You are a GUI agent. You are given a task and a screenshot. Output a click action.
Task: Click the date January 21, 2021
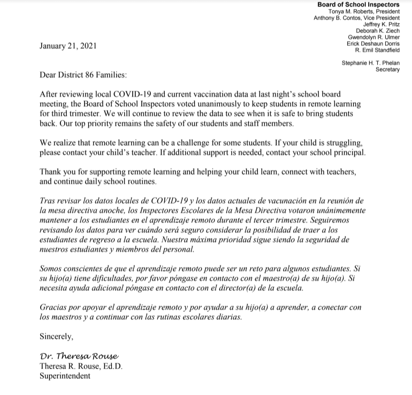68,46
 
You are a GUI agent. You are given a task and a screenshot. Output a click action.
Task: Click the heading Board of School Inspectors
358,5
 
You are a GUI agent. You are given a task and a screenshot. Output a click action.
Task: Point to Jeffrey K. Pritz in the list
382,24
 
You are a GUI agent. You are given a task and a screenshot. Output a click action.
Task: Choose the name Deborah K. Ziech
378,31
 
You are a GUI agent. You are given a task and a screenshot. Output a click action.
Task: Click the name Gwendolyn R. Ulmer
373,37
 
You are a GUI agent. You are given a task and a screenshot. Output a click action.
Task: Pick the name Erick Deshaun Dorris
372,43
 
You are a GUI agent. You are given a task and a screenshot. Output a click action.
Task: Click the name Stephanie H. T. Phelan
370,63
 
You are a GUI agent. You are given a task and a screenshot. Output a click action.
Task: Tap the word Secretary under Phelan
387,69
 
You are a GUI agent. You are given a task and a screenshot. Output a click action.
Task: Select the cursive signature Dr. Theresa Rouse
78,356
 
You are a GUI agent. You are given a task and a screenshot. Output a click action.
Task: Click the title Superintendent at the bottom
65,376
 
